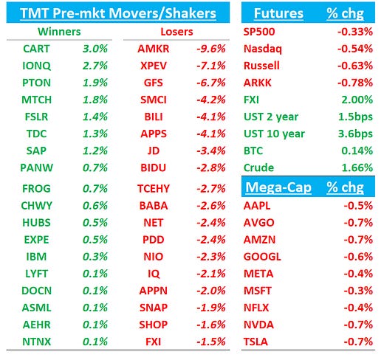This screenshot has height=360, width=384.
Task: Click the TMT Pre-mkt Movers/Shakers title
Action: pos(118,13)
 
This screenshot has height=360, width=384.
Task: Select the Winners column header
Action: pos(59,32)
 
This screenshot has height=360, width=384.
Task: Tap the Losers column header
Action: pos(176,32)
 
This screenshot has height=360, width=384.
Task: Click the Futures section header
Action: pos(278,13)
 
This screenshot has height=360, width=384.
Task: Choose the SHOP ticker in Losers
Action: pos(154,325)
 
